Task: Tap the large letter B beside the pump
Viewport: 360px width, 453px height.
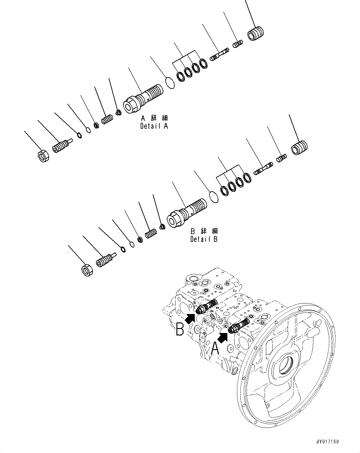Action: pyautogui.click(x=180, y=329)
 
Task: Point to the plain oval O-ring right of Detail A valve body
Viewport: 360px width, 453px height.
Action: pyautogui.click(x=170, y=83)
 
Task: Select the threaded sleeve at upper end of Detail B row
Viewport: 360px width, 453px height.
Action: pyautogui.click(x=300, y=147)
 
